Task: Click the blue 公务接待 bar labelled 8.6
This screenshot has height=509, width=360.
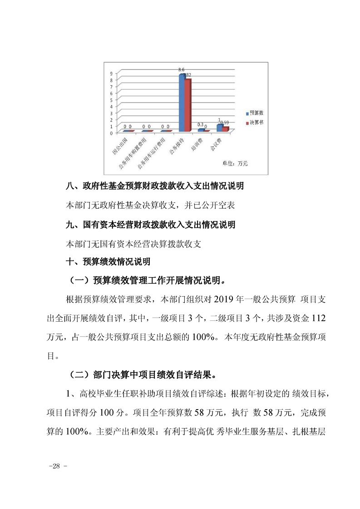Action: (x=182, y=103)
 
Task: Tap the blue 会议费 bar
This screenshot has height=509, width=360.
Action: (x=220, y=127)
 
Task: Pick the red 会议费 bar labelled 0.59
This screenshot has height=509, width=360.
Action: (x=225, y=129)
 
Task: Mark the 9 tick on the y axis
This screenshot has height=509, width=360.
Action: (x=111, y=73)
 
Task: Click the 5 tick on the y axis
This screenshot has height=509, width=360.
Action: (x=111, y=100)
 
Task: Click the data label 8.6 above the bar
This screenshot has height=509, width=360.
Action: (x=181, y=69)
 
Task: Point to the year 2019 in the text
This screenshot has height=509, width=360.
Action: (x=222, y=299)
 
